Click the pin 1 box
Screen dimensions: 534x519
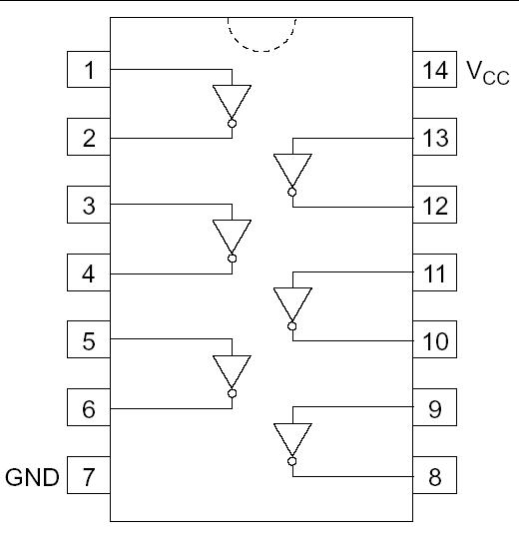point(89,71)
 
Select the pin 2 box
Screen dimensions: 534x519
point(89,138)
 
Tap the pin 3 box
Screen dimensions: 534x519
point(89,206)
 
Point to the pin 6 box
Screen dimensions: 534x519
point(89,408)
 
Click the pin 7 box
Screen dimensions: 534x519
point(89,476)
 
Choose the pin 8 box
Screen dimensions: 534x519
point(434,476)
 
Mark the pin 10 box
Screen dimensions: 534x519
point(434,340)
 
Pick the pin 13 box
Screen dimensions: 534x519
point(434,138)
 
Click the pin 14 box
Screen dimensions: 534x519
point(434,71)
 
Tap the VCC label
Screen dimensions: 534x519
point(488,73)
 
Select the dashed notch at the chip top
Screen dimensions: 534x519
point(262,35)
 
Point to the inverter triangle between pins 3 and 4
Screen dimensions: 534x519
point(232,236)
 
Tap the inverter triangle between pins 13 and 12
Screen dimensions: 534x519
point(292,169)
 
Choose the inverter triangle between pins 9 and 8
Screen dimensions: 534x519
point(292,438)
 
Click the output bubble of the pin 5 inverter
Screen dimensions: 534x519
point(232,393)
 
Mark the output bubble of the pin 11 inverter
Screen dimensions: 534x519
point(292,325)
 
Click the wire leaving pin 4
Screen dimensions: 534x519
point(170,272)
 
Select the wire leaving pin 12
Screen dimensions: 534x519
point(354,206)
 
